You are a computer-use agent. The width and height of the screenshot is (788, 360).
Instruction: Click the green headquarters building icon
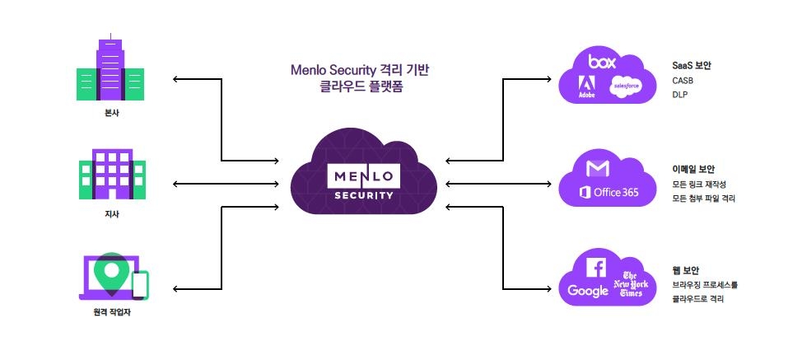[x=110, y=68]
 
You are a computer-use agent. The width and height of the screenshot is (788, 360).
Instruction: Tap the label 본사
[x=110, y=113]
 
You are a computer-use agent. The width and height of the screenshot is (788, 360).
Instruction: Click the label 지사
[x=111, y=215]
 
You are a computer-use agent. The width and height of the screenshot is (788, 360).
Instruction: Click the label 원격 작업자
[x=111, y=311]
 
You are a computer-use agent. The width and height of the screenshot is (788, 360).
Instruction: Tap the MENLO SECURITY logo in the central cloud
[x=363, y=182]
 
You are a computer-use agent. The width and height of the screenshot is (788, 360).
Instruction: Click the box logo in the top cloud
[x=602, y=62]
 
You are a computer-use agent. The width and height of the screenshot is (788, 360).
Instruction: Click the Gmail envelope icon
[x=599, y=169]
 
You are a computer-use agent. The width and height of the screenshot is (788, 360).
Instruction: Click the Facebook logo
[x=596, y=266]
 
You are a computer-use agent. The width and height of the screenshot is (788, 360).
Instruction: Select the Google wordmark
[x=588, y=291]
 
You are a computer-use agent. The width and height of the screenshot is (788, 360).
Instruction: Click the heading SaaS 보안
[x=692, y=64]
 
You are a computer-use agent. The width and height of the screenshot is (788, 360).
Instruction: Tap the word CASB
[x=683, y=80]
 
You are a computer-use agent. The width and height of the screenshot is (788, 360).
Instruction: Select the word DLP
[x=679, y=95]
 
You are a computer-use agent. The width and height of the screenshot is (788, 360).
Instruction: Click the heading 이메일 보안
[x=694, y=169]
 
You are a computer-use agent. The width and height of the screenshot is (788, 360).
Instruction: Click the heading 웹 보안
[x=686, y=270]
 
